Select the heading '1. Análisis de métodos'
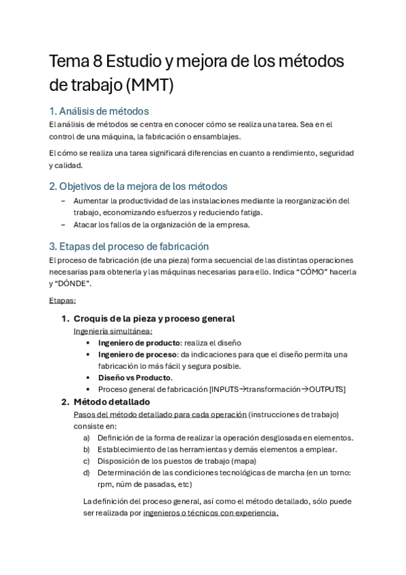pos(99,111)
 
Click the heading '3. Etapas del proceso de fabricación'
pos(129,246)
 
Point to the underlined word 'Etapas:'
pos(62,300)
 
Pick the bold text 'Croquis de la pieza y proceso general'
pos(154,319)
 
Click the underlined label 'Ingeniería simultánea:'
pos(113,331)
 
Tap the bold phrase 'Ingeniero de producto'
pos(139,343)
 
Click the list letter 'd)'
pos(87,473)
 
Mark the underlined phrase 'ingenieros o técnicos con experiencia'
pos(210,513)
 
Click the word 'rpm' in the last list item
pos(104,484)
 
